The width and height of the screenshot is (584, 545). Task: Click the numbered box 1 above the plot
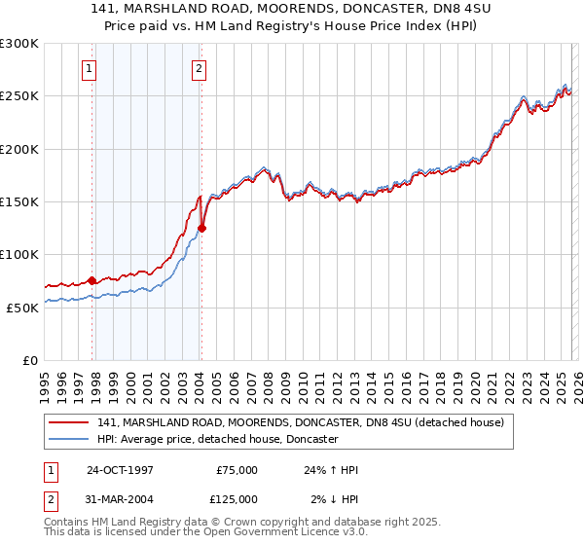point(89,68)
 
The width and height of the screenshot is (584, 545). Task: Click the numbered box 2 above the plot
point(199,68)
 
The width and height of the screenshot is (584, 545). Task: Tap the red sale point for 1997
point(92,280)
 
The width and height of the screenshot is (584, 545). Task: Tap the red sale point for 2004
point(202,229)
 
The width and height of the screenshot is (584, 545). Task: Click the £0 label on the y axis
point(29,360)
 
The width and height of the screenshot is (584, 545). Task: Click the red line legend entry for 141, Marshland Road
point(300,423)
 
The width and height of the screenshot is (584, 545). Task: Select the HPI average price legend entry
point(216,440)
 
